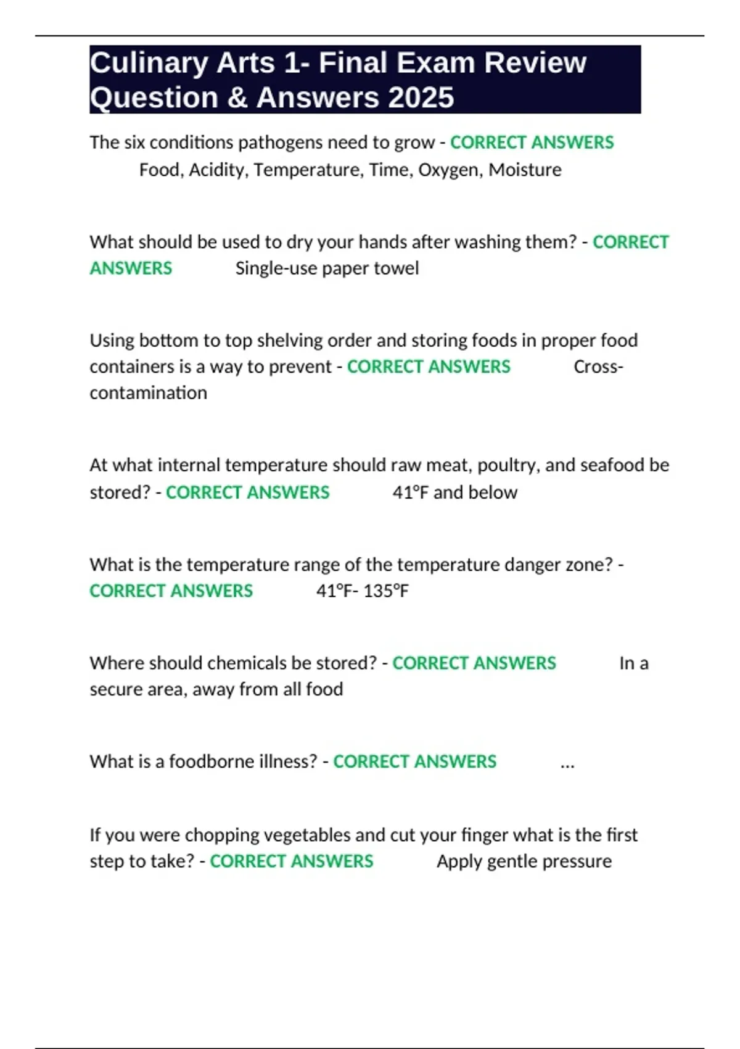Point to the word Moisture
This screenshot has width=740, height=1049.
[x=525, y=170]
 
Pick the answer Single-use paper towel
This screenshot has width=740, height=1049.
[x=327, y=268]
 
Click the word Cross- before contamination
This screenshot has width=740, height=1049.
[x=598, y=367]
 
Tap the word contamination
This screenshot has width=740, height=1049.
[x=148, y=393]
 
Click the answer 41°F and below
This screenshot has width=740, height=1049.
[x=454, y=492]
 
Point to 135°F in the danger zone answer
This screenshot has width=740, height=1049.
[x=386, y=591]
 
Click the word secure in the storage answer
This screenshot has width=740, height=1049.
[x=117, y=689]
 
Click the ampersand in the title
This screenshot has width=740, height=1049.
[x=237, y=97]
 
